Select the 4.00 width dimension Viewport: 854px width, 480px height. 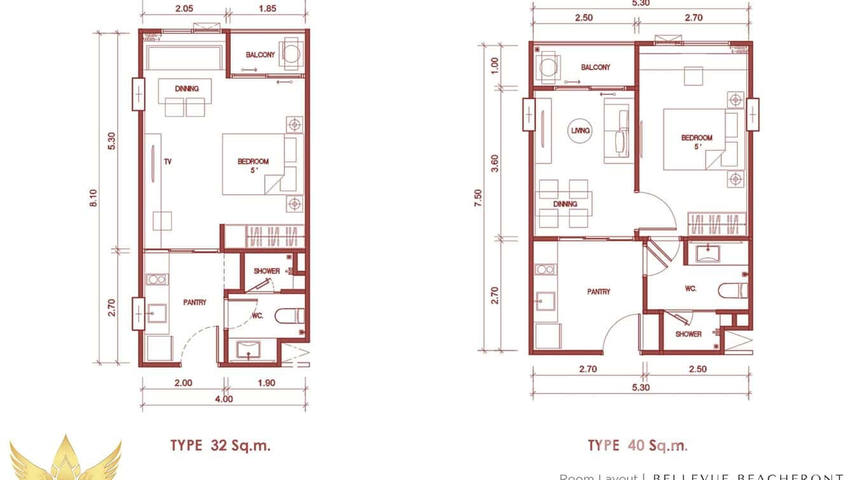tap(223, 399)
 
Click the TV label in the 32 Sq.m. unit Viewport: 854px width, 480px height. tap(168, 162)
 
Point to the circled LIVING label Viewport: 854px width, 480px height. tap(580, 131)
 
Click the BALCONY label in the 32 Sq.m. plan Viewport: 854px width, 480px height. tap(260, 55)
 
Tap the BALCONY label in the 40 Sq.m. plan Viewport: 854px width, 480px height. tap(595, 67)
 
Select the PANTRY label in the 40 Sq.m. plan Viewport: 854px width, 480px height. tap(598, 292)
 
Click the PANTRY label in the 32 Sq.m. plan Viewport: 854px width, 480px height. tap(194, 302)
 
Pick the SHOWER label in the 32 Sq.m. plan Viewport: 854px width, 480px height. tap(267, 271)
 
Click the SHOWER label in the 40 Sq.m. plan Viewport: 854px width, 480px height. tap(689, 334)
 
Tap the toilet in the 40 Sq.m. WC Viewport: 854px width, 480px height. tap(731, 290)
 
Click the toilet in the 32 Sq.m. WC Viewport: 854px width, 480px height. tap(292, 316)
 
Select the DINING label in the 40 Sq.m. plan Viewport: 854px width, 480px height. tap(565, 204)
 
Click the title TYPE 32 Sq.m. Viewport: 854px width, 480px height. tap(220, 445)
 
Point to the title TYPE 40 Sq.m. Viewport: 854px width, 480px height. tap(637, 445)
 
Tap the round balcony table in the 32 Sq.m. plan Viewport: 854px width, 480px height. tap(291, 53)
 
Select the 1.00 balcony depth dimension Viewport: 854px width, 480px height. tap(496, 65)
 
